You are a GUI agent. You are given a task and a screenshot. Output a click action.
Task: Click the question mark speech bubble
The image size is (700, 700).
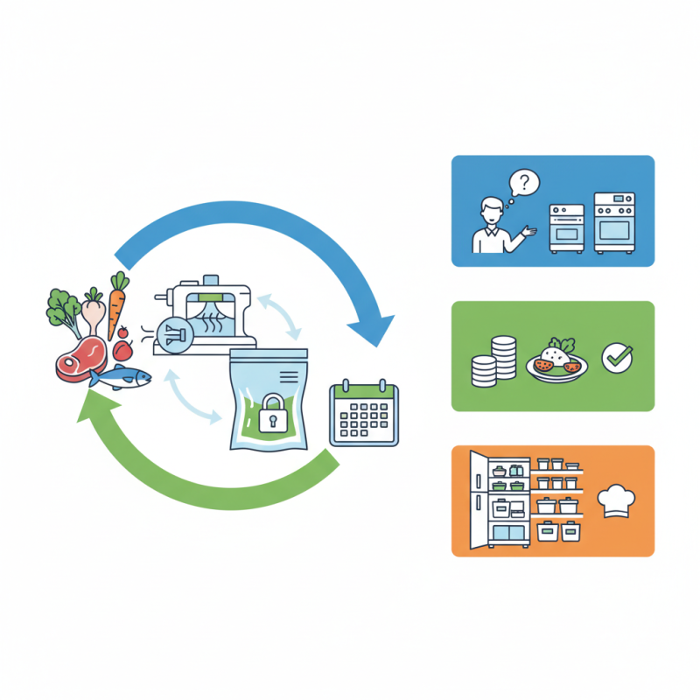point(525,184)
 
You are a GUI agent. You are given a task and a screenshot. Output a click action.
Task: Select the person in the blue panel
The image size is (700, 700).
point(491,227)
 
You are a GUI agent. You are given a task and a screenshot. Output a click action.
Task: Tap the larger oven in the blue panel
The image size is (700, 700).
point(615,222)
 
